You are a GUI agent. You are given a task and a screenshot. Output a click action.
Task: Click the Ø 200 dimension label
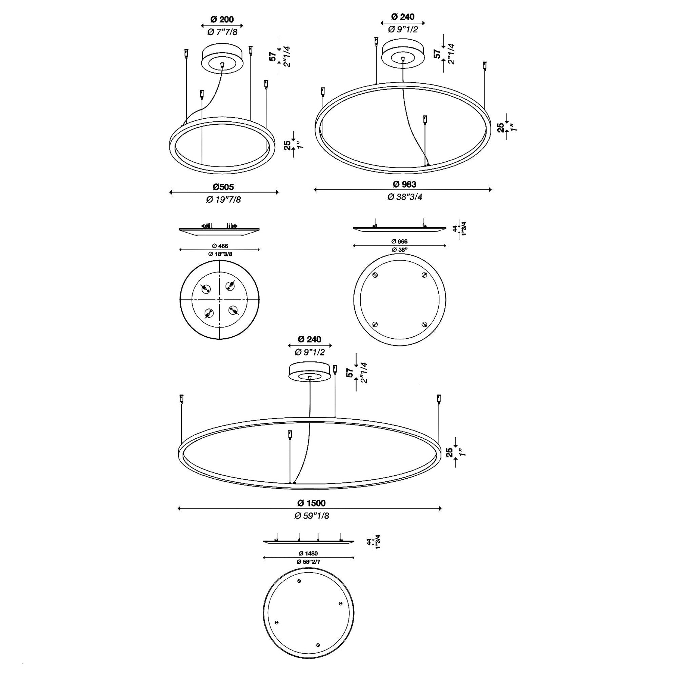[222, 19]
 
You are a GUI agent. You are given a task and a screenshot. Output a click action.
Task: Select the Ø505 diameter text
[223, 187]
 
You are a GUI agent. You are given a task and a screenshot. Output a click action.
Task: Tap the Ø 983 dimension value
[404, 184]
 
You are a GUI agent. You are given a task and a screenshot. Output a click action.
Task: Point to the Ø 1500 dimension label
[311, 503]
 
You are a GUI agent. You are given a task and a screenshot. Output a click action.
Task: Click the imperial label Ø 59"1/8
[312, 516]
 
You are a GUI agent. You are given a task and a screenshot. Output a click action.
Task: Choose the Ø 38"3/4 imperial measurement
[405, 197]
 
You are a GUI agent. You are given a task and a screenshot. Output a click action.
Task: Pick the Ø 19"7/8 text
[223, 199]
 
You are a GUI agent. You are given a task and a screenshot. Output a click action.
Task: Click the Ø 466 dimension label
[220, 246]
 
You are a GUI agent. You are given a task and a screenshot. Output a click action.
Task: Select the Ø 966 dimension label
[399, 241]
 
